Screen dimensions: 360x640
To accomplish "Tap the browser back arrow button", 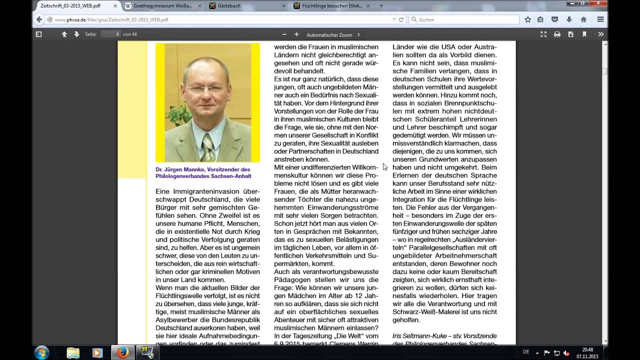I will pos(39,19).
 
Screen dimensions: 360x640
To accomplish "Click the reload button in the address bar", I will pos(401,19).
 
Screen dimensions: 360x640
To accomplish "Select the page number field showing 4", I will pos(110,34).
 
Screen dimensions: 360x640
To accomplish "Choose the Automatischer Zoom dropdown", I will pos(333,35).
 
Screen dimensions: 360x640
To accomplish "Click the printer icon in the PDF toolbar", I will pos(557,34).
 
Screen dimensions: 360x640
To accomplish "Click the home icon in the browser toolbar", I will pos(583,19).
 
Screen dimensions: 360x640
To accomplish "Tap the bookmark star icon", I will pos(528,19).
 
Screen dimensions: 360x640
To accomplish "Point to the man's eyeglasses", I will pos(205,89).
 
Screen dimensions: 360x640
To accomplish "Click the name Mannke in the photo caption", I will pos(191,169).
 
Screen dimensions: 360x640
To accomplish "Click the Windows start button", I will pos(41,352).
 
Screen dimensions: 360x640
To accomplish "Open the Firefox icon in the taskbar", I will pos(122,352).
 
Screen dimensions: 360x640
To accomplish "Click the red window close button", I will pos(597,3).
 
